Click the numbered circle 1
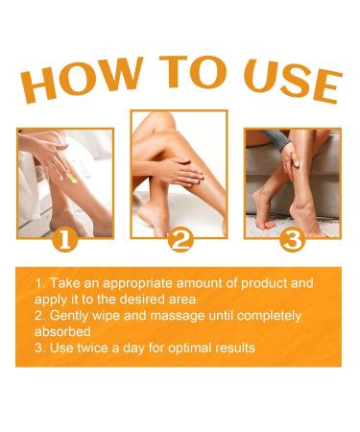coord(65,239)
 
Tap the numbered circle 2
coord(180,241)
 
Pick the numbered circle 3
coord(293,239)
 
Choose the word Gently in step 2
coord(69,316)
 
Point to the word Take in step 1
coord(62,284)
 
